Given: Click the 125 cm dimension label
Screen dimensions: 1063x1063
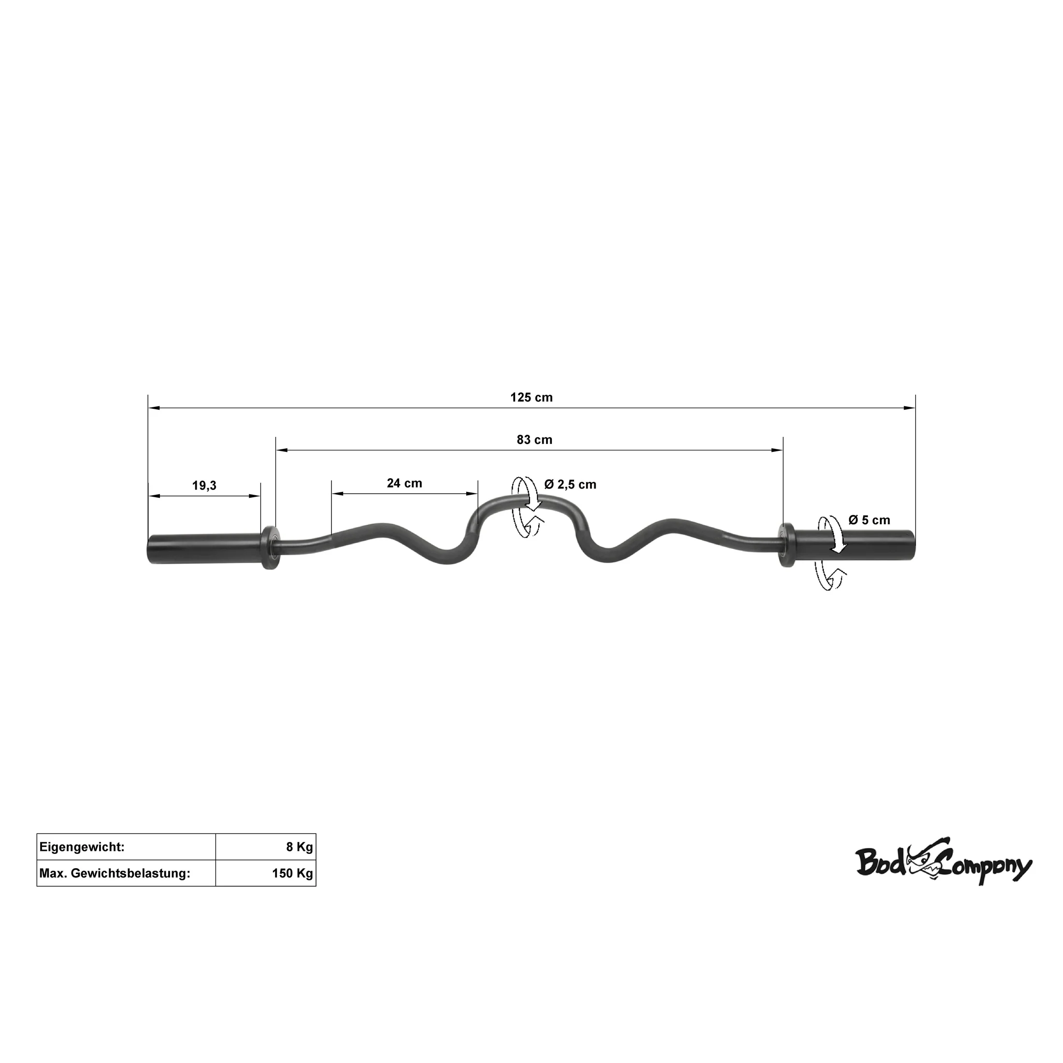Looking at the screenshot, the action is click(531, 397).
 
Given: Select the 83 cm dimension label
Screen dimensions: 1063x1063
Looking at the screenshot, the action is click(534, 440).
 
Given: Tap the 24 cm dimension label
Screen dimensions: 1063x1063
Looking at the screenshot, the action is click(404, 483).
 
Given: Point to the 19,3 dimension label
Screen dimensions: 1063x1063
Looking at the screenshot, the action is click(204, 485).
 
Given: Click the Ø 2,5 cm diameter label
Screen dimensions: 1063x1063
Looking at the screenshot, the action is click(571, 484).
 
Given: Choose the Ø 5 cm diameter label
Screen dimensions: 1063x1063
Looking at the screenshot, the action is click(869, 519).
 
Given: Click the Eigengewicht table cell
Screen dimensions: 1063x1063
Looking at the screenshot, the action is click(126, 847).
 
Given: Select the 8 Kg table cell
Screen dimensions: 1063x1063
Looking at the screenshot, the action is click(266, 847).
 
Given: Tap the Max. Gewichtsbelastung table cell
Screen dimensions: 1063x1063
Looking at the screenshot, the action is click(126, 873).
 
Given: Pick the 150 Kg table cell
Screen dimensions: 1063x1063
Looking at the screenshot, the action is click(266, 873).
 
